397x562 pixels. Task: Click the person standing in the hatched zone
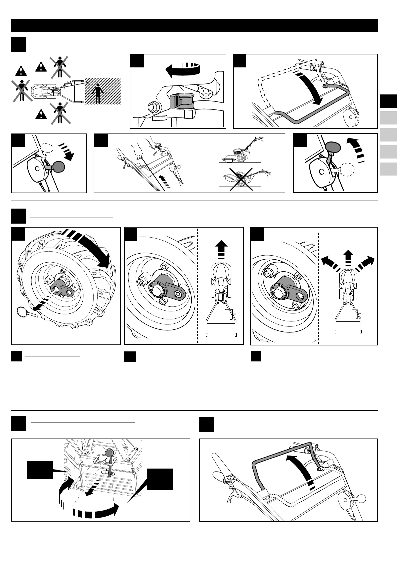(x=98, y=94)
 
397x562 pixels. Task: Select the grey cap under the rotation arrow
(x=181, y=101)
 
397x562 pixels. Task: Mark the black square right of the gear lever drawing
(x=160, y=479)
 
